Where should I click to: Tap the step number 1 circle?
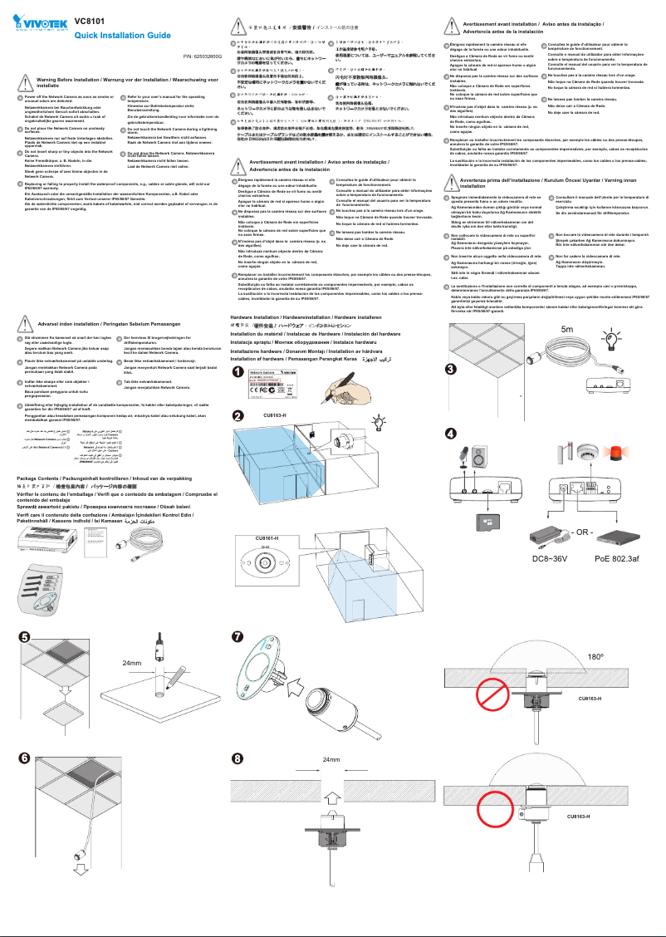pyautogui.click(x=238, y=371)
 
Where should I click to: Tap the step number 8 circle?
pyautogui.click(x=238, y=758)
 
